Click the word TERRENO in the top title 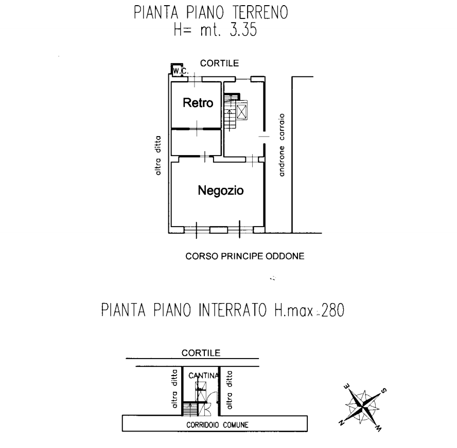(x=260, y=12)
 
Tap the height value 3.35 (x=243, y=30)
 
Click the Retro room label (x=198, y=103)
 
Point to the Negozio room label (x=221, y=191)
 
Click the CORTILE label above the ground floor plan (x=219, y=63)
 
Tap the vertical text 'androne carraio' (x=282, y=145)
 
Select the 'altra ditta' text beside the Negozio (x=157, y=156)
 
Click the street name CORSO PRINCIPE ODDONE (x=245, y=256)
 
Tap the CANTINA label (x=203, y=376)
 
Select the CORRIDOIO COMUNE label (x=217, y=425)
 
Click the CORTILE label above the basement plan (x=201, y=353)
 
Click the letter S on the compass (x=384, y=390)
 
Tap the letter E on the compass (x=347, y=386)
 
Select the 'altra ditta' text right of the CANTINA (x=230, y=390)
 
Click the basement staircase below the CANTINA (x=190, y=409)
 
